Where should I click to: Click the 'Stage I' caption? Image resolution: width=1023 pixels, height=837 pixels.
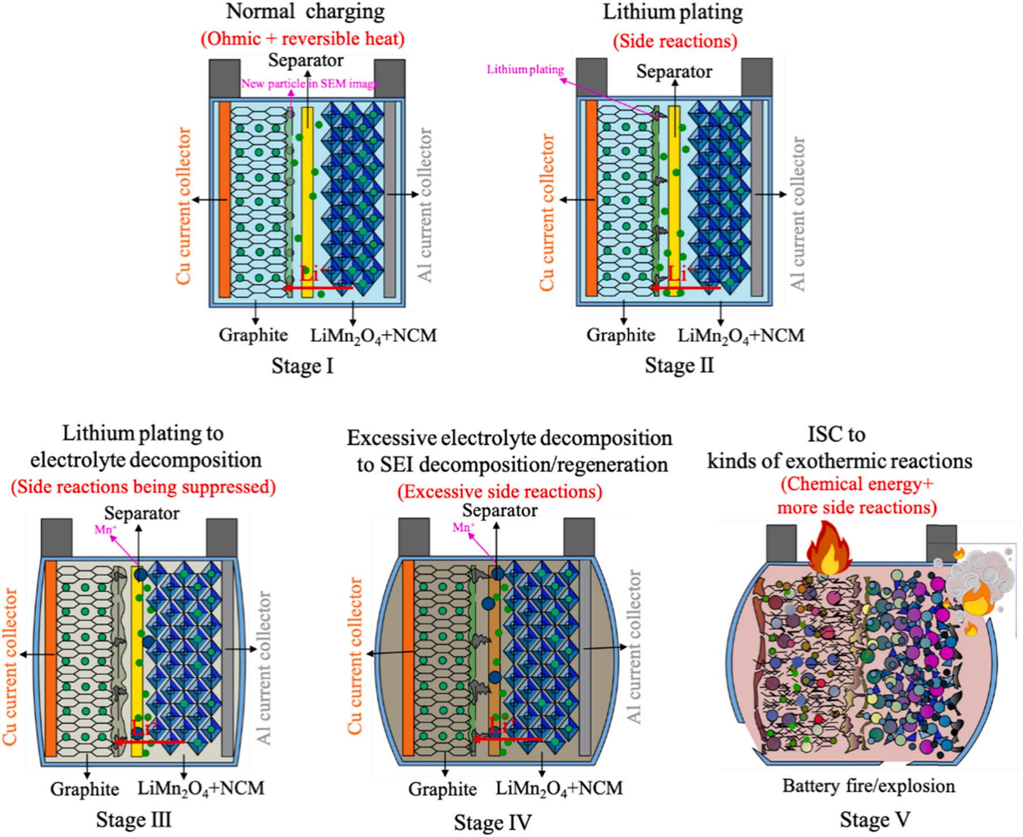(302, 366)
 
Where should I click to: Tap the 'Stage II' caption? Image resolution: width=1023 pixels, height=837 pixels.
(679, 366)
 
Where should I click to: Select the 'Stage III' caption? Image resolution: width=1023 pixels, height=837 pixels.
(134, 819)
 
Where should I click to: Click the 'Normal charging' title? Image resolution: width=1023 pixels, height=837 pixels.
(305, 12)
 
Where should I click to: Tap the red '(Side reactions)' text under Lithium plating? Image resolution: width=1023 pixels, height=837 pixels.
(675, 41)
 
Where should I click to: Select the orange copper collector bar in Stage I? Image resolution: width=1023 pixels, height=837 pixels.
(224, 199)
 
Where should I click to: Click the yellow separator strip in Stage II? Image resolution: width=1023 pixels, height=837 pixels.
(674, 199)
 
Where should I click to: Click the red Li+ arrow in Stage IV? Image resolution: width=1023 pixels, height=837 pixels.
(507, 738)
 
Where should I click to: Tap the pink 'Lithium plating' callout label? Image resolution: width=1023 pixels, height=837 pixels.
(525, 70)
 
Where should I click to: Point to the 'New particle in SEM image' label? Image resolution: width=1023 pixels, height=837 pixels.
(310, 84)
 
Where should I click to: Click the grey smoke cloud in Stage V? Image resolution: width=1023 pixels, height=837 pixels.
(979, 576)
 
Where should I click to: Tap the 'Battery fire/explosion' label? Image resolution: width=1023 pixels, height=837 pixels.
(868, 786)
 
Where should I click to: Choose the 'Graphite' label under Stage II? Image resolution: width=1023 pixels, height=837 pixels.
(621, 335)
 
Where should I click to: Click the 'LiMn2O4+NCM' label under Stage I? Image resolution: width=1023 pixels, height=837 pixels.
(374, 335)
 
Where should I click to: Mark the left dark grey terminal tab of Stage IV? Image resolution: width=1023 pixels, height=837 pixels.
(414, 537)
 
